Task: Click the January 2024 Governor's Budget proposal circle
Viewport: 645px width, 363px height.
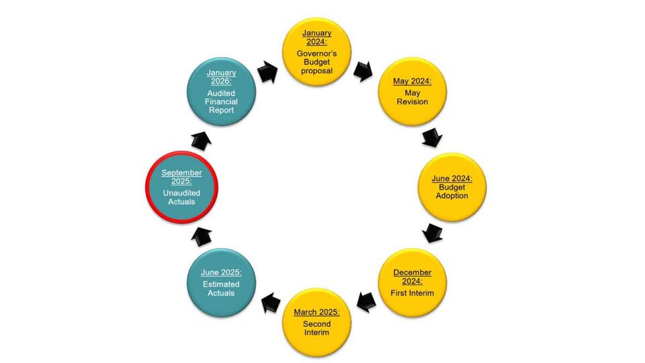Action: point(316,52)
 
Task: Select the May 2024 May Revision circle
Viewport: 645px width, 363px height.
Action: point(412,91)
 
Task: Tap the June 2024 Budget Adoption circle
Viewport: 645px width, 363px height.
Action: point(452,188)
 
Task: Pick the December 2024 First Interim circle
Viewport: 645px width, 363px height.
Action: point(412,283)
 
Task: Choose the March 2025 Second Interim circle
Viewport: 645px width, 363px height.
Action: point(316,322)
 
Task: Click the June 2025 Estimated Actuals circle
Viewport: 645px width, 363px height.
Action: point(221,283)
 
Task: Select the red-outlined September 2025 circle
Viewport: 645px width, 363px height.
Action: point(181,188)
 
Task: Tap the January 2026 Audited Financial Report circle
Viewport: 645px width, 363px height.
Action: point(221,91)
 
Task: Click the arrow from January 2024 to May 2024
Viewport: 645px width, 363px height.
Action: point(363,71)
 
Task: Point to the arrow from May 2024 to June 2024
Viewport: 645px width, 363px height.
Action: point(432,137)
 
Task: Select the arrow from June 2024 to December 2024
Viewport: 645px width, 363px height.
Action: point(432,233)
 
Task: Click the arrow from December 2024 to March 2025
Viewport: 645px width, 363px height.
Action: point(366,302)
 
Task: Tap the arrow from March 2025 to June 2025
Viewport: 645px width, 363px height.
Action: point(271,303)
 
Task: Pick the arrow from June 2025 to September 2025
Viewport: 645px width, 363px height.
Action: point(202,237)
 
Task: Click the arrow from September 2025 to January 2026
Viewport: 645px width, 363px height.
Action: point(202,140)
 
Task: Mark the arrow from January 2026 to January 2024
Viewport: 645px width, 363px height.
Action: point(268,72)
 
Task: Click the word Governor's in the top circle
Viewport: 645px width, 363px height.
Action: point(316,54)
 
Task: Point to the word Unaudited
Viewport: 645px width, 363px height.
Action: point(181,193)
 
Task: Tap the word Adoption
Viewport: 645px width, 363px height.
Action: point(451,196)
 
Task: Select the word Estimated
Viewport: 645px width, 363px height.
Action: point(221,284)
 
